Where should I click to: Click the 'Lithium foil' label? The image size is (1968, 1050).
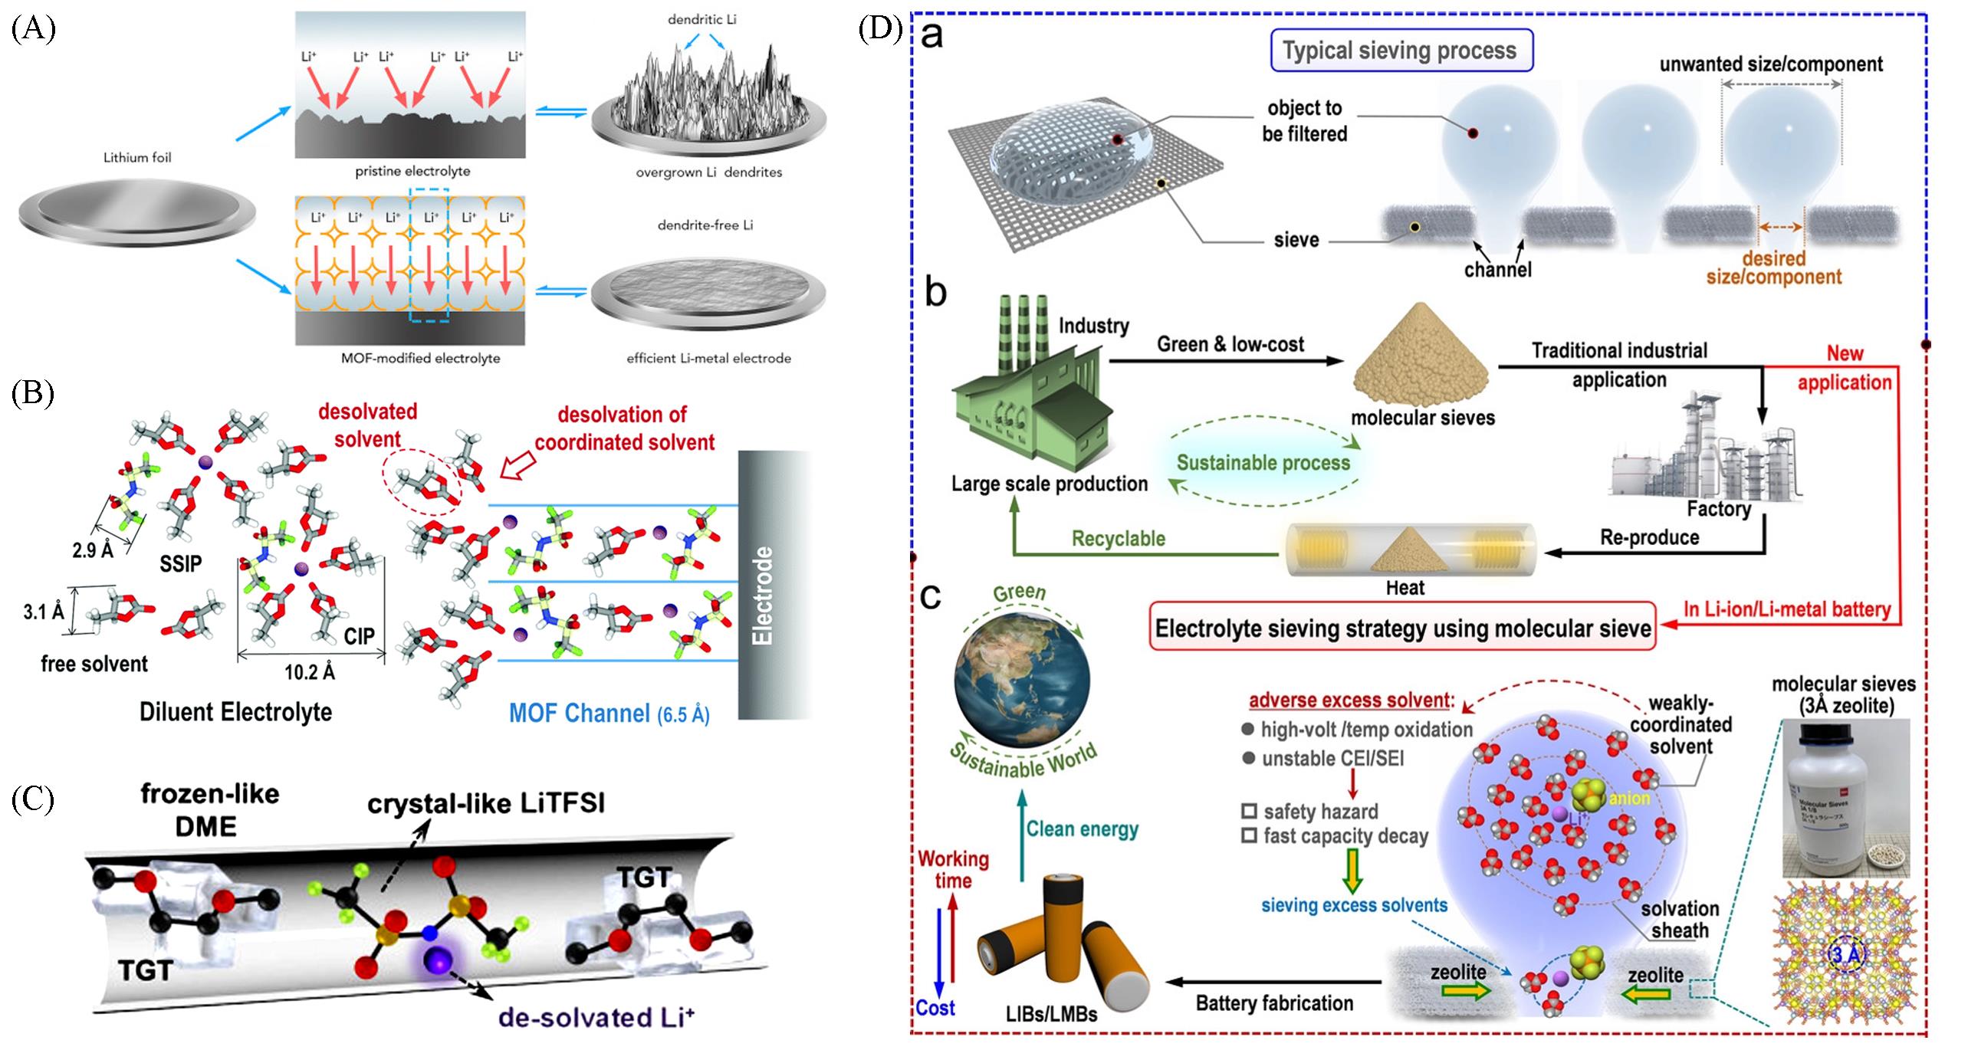(137, 158)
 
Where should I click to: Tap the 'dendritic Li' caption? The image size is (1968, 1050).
(701, 19)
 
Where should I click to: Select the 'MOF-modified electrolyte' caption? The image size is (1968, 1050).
(420, 358)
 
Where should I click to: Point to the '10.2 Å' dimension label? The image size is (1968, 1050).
(310, 672)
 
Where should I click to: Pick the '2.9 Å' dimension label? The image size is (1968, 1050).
(92, 550)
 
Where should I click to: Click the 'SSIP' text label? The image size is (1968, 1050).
(181, 563)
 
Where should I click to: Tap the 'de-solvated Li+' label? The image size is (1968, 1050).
(596, 1017)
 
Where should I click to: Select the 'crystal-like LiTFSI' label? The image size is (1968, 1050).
(486, 803)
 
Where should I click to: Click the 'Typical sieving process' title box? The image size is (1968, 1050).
(1399, 51)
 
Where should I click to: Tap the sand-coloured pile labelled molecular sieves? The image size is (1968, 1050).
(1421, 356)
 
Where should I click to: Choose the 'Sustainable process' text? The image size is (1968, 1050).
(1263, 463)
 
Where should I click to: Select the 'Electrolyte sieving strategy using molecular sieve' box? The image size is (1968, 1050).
(1402, 629)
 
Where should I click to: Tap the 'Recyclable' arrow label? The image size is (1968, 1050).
(1119, 539)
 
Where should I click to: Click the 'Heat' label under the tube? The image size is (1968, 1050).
(1405, 588)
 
